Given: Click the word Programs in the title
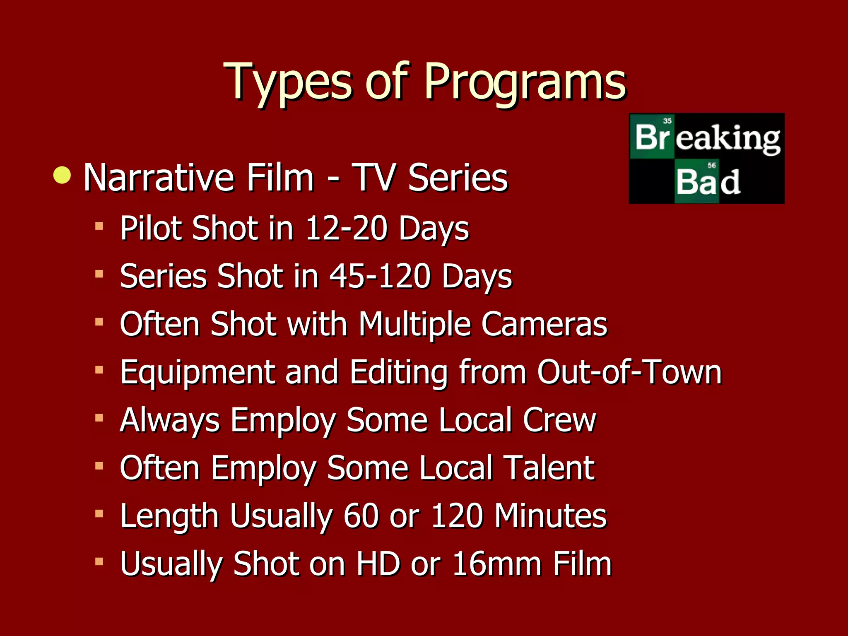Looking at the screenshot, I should coord(525,82).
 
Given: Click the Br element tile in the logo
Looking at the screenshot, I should coord(652,137).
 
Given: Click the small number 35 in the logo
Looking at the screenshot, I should coord(667,121).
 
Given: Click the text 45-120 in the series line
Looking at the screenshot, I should coord(380,276).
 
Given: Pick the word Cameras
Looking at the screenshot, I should coord(544,324).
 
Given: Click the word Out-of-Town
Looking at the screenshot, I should coord(629,372).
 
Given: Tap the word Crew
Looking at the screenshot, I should coord(559,420).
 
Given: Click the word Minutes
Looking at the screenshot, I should coord(550,516).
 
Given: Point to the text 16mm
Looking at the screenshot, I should coord(497,564).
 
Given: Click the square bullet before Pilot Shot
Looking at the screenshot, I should coord(99,226).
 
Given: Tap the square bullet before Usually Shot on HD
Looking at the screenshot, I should coord(99,562).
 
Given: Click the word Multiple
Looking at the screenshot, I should coord(414,325).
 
